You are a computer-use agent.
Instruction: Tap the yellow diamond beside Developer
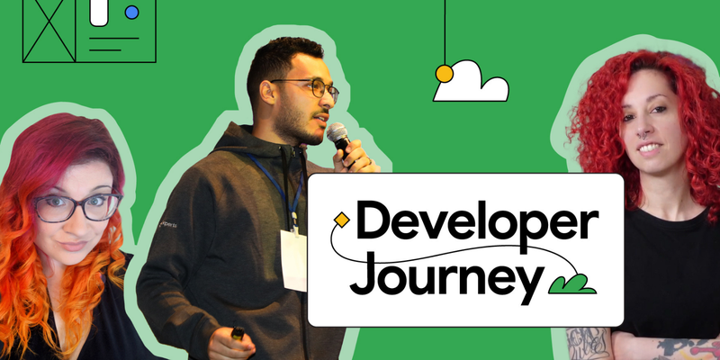point(341,219)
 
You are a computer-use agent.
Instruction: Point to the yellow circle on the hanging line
point(444,72)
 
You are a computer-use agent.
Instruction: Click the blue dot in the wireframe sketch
point(132,13)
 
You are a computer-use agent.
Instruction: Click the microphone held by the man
point(338,138)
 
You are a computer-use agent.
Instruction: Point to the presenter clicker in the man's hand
point(238,334)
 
